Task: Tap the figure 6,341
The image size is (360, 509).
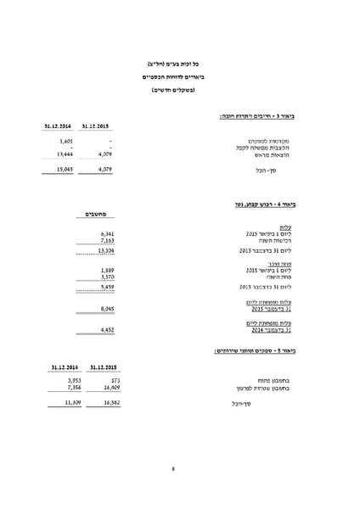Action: pyautogui.click(x=106, y=232)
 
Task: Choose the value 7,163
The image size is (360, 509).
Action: pyautogui.click(x=106, y=240)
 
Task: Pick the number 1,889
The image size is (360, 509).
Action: pyautogui.click(x=106, y=270)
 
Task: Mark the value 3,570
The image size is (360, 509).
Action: pyautogui.click(x=106, y=277)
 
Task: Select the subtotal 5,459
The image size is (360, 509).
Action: pyautogui.click(x=106, y=288)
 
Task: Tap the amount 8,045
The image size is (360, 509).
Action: pyautogui.click(x=106, y=310)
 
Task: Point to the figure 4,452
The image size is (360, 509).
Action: pyautogui.click(x=106, y=329)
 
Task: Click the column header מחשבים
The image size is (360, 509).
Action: pyautogui.click(x=98, y=215)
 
